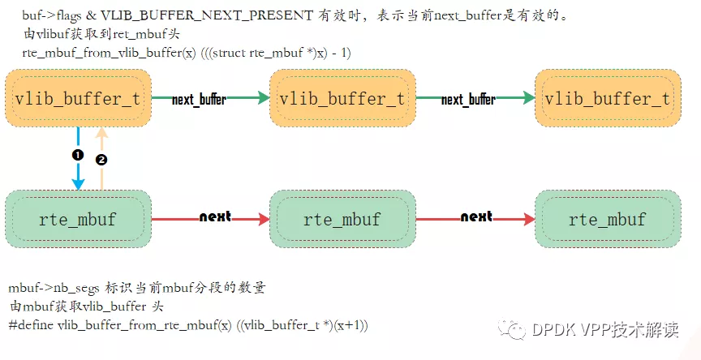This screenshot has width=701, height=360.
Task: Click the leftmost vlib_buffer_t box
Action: click(x=78, y=98)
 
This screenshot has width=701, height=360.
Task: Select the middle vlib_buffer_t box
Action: click(x=342, y=98)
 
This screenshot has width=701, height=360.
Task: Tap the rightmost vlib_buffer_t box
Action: click(x=607, y=98)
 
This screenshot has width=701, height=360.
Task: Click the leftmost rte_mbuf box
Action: click(x=78, y=219)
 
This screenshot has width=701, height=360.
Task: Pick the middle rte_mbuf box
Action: click(x=342, y=219)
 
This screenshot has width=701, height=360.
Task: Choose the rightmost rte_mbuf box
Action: click(x=607, y=219)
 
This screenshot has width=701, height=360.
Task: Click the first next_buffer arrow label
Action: click(x=199, y=100)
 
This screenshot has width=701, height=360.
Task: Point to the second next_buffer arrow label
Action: click(x=468, y=100)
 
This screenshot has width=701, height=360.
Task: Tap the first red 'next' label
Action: click(x=215, y=216)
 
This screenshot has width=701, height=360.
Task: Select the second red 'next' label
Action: click(x=476, y=216)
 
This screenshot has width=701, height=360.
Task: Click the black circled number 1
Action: click(x=78, y=153)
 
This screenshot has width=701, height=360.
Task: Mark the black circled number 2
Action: click(x=101, y=160)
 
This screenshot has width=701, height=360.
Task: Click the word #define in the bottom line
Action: click(x=31, y=324)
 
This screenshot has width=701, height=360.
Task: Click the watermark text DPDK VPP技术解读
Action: click(x=604, y=329)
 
